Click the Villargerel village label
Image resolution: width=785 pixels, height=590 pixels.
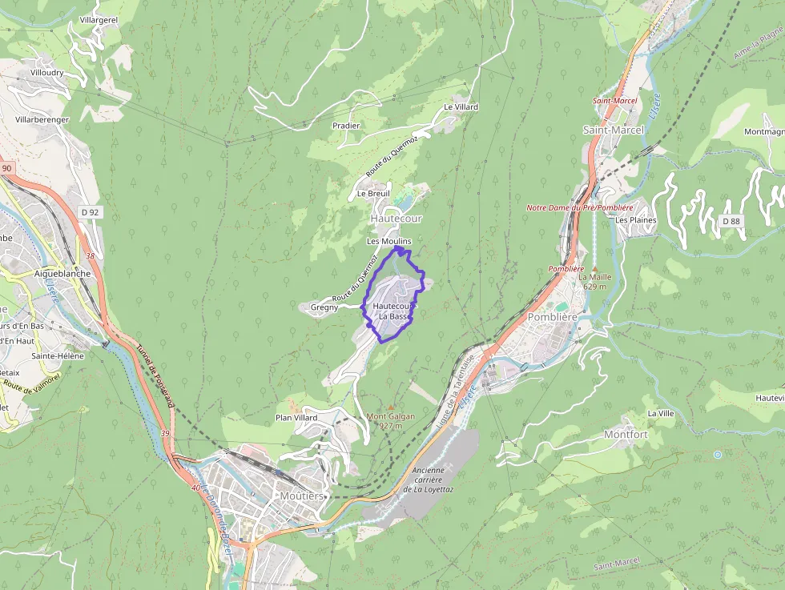pyautogui.click(x=99, y=20)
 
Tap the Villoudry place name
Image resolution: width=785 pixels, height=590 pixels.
pyautogui.click(x=46, y=72)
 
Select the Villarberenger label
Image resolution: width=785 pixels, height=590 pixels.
pyautogui.click(x=42, y=119)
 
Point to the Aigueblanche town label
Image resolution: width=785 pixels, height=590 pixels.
pyautogui.click(x=62, y=273)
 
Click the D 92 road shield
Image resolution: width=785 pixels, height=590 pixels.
pyautogui.click(x=90, y=212)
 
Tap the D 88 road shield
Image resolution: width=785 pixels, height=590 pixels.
pyautogui.click(x=731, y=220)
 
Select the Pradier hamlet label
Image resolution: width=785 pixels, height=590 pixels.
pyautogui.click(x=346, y=126)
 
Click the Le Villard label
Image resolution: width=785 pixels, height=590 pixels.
pyautogui.click(x=461, y=106)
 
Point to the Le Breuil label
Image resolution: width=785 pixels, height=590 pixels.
pyautogui.click(x=372, y=193)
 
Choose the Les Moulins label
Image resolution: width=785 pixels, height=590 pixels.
pyautogui.click(x=388, y=241)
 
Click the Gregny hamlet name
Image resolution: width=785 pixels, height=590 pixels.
pyautogui.click(x=324, y=307)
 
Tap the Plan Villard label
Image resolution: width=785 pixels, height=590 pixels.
pyautogui.click(x=296, y=418)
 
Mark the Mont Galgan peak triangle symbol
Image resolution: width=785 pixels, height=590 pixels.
pyautogui.click(x=391, y=407)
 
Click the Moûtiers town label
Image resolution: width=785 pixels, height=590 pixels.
pyautogui.click(x=301, y=496)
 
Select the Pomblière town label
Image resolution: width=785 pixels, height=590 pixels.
pyautogui.click(x=553, y=317)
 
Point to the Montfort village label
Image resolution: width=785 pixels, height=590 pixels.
pyautogui.click(x=626, y=435)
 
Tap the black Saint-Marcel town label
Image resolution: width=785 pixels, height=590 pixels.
pyautogui.click(x=613, y=130)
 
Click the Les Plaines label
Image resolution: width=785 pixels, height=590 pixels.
pyautogui.click(x=636, y=220)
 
